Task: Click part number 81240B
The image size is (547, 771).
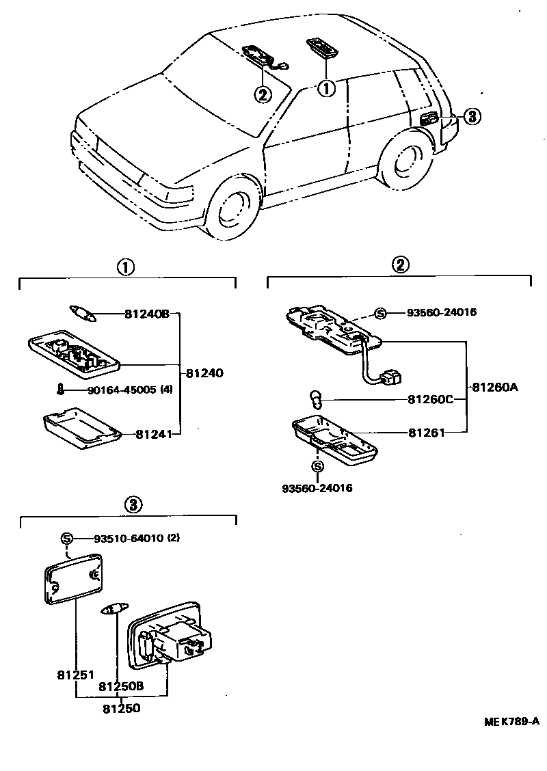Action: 146,314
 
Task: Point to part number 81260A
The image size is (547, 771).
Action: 494,387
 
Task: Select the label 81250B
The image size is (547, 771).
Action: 120,686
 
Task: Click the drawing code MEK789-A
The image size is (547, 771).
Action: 512,721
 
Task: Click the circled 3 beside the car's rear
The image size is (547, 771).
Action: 472,117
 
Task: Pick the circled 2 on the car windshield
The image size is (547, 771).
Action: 263,94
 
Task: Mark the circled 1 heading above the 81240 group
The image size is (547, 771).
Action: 124,267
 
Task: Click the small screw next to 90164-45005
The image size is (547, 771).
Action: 60,390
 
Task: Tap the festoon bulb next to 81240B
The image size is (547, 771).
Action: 82,313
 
